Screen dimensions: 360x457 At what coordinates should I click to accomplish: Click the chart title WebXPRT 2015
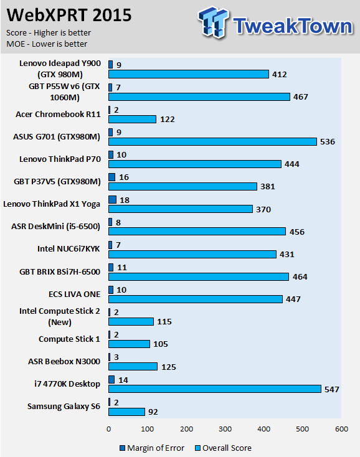(x=69, y=15)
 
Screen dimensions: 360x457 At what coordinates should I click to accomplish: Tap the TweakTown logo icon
(x=213, y=22)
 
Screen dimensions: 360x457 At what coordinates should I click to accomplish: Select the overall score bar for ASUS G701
(x=212, y=142)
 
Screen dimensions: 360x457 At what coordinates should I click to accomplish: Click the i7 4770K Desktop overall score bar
(x=215, y=389)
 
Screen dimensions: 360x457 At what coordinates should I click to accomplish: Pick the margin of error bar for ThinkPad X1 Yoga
(x=113, y=200)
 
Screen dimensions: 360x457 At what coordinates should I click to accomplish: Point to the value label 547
(x=332, y=389)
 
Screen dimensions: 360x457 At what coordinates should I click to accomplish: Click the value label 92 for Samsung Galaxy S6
(x=153, y=412)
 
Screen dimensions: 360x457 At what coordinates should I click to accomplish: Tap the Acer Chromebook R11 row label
(x=58, y=115)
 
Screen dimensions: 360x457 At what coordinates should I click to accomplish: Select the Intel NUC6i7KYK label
(x=69, y=249)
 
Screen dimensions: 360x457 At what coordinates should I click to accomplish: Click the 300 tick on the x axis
(x=225, y=429)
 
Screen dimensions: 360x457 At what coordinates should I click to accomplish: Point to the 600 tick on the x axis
(x=341, y=429)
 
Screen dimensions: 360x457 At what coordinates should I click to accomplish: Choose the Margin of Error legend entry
(x=152, y=448)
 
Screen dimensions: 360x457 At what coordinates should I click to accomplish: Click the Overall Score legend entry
(x=224, y=448)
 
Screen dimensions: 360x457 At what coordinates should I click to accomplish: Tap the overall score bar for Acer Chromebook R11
(x=132, y=119)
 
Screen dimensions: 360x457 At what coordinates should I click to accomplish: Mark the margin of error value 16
(x=124, y=177)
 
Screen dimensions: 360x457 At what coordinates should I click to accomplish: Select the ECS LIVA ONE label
(x=74, y=294)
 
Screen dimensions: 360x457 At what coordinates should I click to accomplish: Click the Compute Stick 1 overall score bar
(x=129, y=344)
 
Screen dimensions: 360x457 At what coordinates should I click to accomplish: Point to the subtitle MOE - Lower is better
(x=47, y=44)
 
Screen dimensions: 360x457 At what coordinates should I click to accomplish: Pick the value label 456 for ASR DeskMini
(x=296, y=232)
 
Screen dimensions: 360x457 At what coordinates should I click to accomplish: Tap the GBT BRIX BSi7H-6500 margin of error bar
(x=111, y=267)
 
